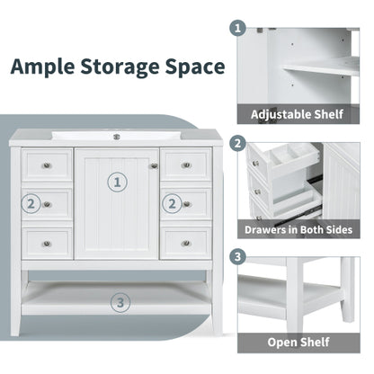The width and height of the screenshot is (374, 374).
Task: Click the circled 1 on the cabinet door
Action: point(116,183)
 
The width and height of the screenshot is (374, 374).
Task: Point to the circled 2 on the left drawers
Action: point(31,204)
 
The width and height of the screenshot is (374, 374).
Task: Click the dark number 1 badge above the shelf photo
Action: point(238,28)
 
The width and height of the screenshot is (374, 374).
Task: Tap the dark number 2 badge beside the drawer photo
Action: point(238,143)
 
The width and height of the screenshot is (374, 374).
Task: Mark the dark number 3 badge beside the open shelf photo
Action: point(238,257)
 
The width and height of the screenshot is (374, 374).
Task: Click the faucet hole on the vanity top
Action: point(116,137)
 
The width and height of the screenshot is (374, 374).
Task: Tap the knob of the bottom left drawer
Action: point(47,243)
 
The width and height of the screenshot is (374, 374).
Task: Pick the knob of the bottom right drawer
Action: point(185,243)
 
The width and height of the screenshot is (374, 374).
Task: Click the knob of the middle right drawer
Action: point(185,204)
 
